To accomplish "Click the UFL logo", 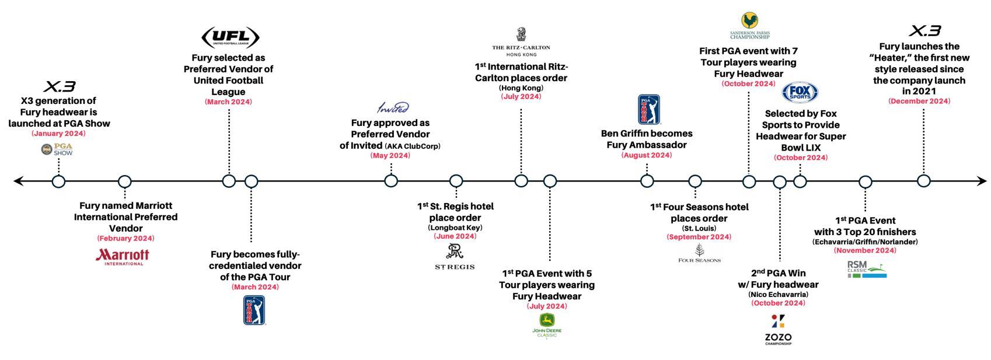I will point(230,37).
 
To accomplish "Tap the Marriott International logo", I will point(123,257).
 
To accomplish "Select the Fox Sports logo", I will point(800,93).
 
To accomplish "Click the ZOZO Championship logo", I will point(778,330).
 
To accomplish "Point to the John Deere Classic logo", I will point(547,326).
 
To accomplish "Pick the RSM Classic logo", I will point(866,269).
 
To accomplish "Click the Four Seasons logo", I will point(699,254).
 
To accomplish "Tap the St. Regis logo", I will point(455,257).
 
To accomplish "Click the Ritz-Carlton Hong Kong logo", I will point(521,41).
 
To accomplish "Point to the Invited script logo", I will point(393,108).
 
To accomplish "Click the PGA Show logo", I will point(57,150).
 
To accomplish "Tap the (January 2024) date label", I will point(58,134).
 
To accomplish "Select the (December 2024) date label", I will point(919,102).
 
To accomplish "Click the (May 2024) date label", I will point(390,156).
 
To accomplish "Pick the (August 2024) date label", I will point(646,155).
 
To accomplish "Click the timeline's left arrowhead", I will point(18,181).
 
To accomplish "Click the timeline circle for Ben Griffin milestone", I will point(647,181).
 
